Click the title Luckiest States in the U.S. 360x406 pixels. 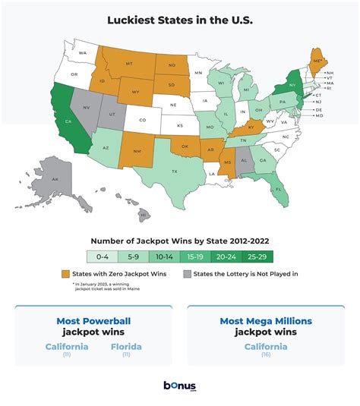click(180, 17)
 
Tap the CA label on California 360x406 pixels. click(68, 119)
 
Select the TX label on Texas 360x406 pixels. click(174, 172)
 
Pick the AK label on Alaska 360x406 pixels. click(55, 179)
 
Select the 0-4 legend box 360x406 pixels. click(102, 257)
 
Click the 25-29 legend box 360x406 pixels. click(257, 257)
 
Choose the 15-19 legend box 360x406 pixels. click(195, 257)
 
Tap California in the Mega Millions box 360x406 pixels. click(264, 346)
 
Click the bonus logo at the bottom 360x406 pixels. click(180, 386)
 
